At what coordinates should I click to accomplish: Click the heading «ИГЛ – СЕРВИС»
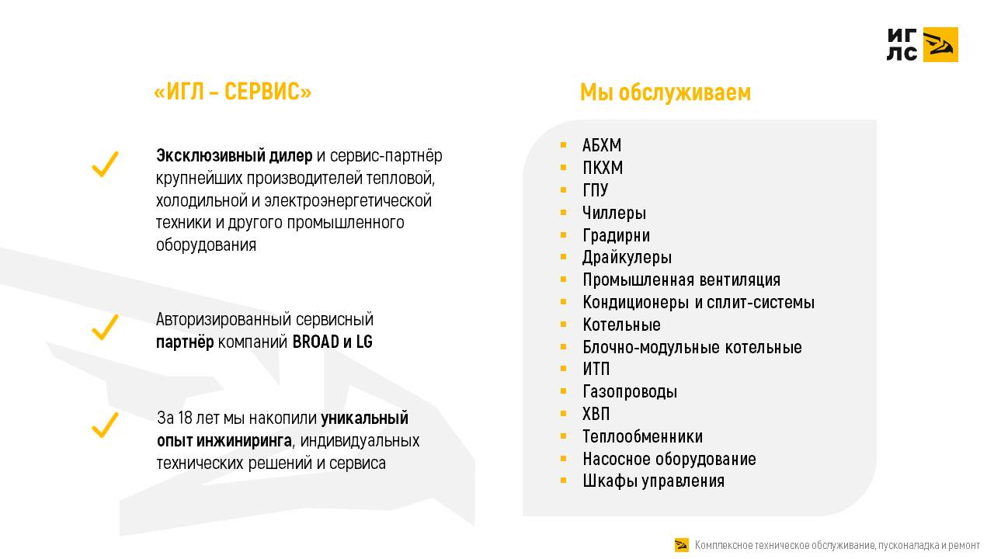[x=233, y=92]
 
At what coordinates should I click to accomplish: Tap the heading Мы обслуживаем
[x=666, y=92]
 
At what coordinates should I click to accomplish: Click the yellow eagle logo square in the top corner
[x=940, y=44]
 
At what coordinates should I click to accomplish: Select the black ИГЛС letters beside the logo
[x=902, y=44]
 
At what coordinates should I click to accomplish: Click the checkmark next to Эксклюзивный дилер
[x=105, y=164]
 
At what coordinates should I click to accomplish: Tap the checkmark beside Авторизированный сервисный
[x=105, y=327]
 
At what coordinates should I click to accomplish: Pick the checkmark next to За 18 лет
[x=105, y=424]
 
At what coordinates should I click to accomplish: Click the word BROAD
[x=316, y=342]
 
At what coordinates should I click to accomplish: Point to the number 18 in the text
[x=185, y=418]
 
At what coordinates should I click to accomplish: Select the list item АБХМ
[x=602, y=146]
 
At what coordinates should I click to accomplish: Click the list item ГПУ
[x=596, y=191]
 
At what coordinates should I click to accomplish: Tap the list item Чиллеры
[x=614, y=213]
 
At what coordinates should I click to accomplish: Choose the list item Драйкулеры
[x=627, y=258]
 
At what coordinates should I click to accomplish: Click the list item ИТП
[x=596, y=370]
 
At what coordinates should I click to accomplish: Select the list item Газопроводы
[x=630, y=392]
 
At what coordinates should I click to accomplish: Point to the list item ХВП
[x=596, y=414]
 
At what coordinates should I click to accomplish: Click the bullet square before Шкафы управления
[x=564, y=481]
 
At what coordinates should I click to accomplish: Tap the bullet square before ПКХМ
[x=564, y=168]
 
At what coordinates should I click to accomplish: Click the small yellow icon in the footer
[x=682, y=545]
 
